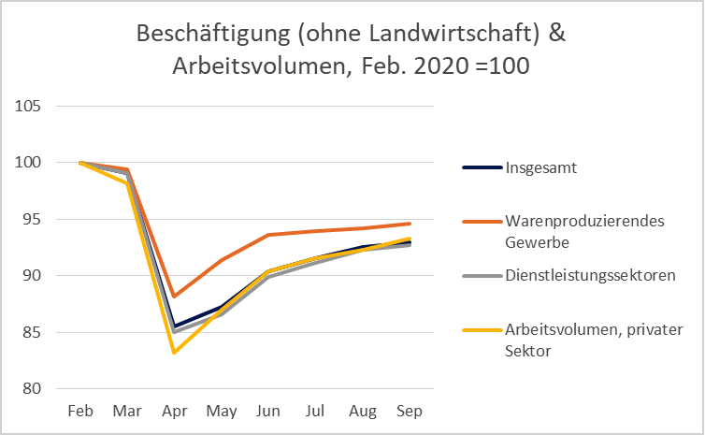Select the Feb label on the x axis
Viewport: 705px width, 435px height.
point(80,412)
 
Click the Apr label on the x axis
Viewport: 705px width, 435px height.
point(175,412)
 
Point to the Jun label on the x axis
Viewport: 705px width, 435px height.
point(269,412)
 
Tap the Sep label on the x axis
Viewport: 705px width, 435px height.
point(410,412)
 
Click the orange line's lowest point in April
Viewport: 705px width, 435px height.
point(175,297)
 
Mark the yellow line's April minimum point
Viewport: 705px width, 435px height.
point(175,353)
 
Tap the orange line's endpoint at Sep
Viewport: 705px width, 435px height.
point(410,224)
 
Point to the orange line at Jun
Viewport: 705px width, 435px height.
point(269,235)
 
